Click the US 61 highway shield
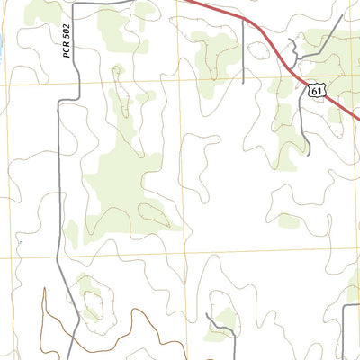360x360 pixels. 314,88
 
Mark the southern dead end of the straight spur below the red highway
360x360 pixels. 244,83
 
